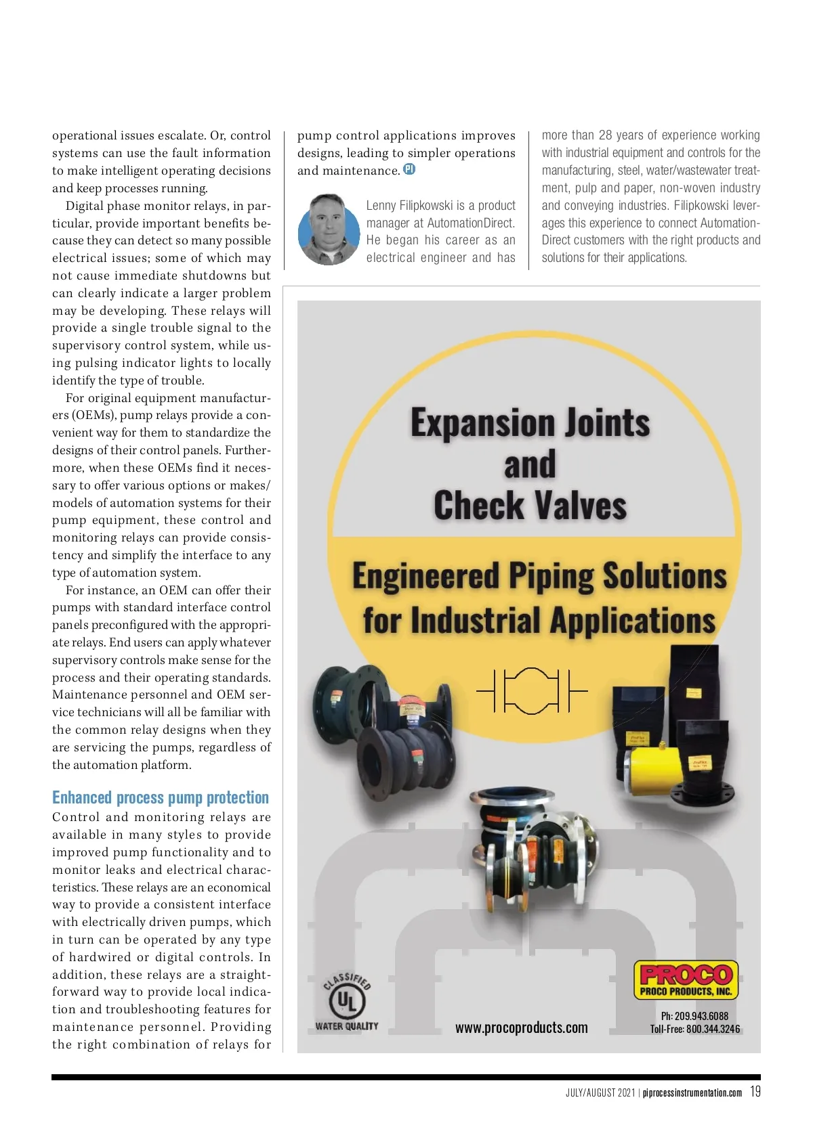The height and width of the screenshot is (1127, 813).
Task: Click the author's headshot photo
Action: pyautogui.click(x=329, y=230)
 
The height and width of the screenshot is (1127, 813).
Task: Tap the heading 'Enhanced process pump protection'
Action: pyautogui.click(x=161, y=798)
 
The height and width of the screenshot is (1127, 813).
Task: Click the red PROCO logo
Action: pyautogui.click(x=686, y=974)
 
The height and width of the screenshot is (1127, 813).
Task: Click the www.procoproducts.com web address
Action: pyautogui.click(x=521, y=1027)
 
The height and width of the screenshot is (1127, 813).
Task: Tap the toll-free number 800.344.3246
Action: pyautogui.click(x=713, y=1030)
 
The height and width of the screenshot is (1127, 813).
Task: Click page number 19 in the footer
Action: pyautogui.click(x=755, y=1092)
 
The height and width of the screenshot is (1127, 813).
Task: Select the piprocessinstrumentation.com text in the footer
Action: pyautogui.click(x=692, y=1092)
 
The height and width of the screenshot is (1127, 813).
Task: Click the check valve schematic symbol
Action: pyautogui.click(x=532, y=690)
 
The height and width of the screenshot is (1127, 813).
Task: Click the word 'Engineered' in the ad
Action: pyautogui.click(x=425, y=577)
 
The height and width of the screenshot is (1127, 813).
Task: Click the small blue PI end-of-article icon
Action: pyautogui.click(x=409, y=169)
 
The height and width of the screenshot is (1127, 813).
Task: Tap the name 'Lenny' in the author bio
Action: pyautogui.click(x=381, y=205)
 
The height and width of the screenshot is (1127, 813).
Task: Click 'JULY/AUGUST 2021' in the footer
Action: pyautogui.click(x=600, y=1092)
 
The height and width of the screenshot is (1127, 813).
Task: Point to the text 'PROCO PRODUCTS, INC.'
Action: pyautogui.click(x=686, y=992)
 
